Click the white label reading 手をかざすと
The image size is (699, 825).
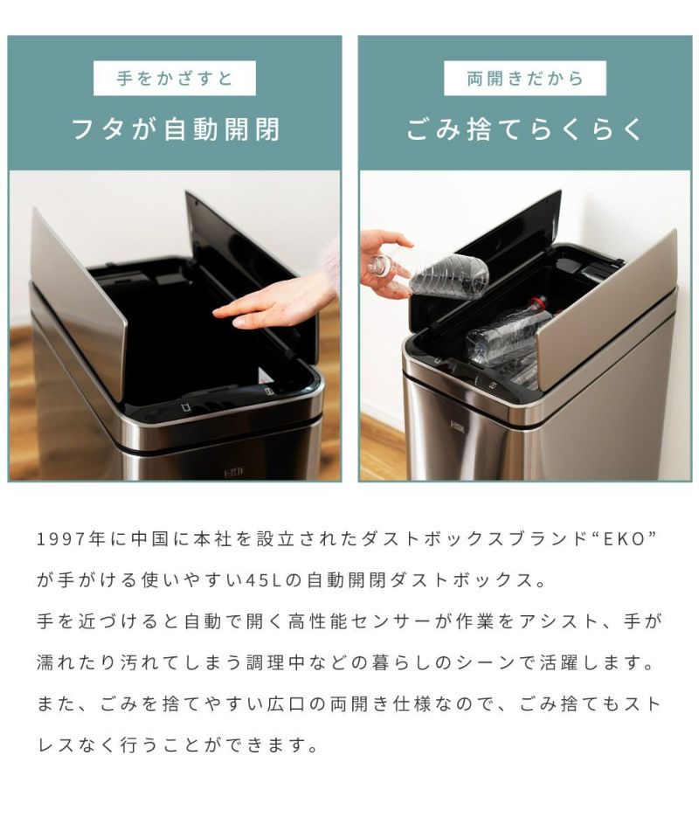pyautogui.click(x=175, y=79)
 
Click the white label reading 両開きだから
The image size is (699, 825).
pyautogui.click(x=525, y=79)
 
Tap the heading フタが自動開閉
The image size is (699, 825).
pyautogui.click(x=175, y=129)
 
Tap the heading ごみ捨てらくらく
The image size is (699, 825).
pyautogui.click(x=524, y=129)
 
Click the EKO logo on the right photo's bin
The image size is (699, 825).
pyautogui.click(x=454, y=424)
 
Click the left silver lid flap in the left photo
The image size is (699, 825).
pyautogui.click(x=79, y=295)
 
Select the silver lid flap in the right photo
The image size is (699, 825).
pyautogui.click(x=605, y=310)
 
